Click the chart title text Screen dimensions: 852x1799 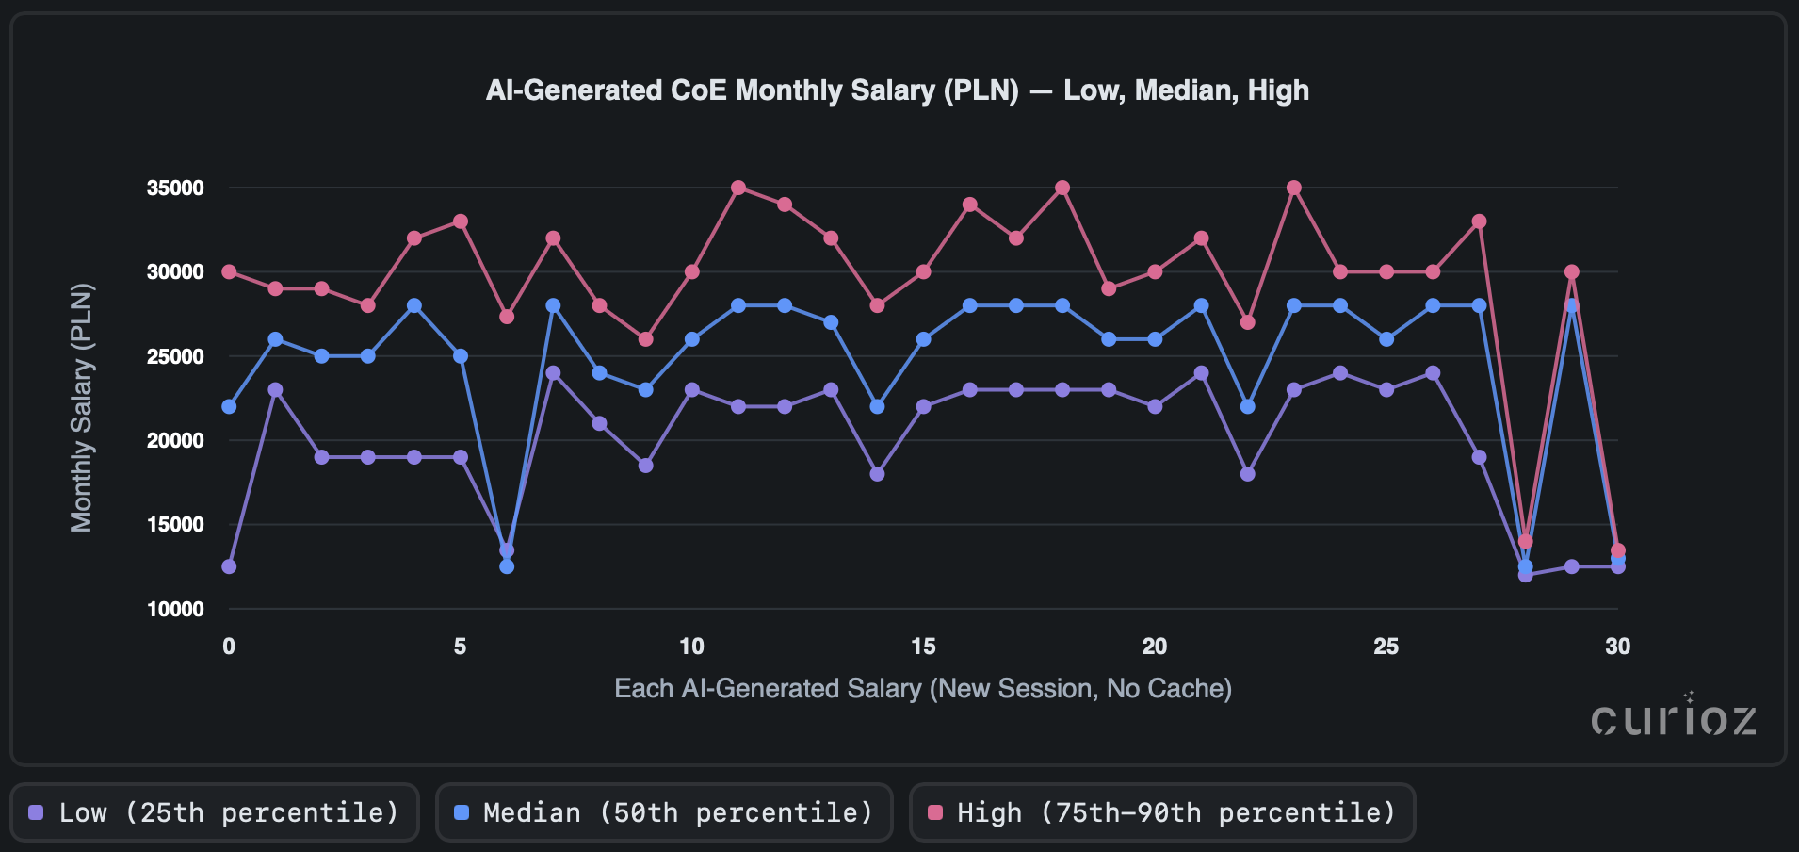897,90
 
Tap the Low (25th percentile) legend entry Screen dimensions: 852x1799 215,812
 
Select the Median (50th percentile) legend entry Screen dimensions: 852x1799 664,812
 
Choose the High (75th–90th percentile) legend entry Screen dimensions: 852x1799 1162,812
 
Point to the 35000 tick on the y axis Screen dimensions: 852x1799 175,188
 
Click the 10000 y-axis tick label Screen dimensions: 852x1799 175,610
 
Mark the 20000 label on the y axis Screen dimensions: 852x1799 175,441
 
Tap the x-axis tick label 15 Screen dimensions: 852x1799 923,647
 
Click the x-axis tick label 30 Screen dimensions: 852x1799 1617,647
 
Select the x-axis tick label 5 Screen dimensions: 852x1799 460,647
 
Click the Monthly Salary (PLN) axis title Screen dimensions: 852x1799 82,407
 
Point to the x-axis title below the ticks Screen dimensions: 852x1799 923,689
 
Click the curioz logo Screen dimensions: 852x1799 1674,720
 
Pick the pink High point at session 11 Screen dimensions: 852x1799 738,188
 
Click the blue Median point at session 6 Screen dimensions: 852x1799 507,566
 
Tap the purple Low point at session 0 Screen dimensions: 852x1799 229,566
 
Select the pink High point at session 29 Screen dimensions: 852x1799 1571,272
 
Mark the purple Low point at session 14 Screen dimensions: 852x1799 877,474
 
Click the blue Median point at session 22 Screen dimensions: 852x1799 1247,406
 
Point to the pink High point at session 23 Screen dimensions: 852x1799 1294,188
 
